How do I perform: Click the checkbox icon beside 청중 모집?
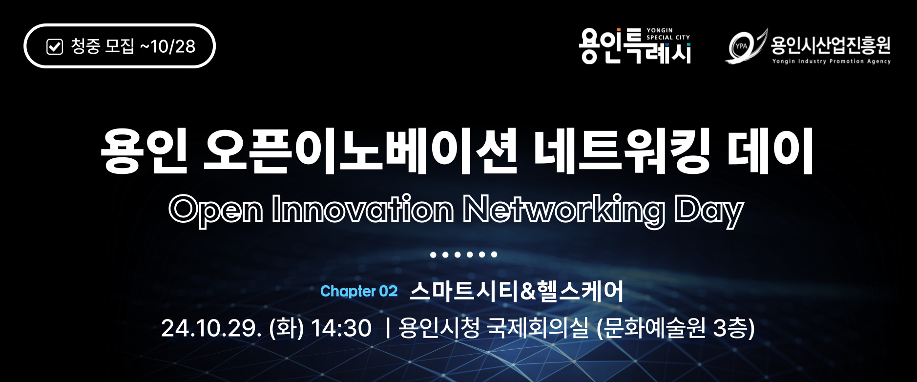pos(55,47)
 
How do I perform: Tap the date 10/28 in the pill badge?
pos(173,46)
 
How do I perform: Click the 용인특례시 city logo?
pos(635,46)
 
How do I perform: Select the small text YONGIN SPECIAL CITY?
pos(668,34)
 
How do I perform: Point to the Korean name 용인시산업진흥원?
pos(831,45)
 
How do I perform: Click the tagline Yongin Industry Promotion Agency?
pos(831,62)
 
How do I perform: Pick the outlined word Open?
pos(216,211)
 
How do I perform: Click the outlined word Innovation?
pos(363,209)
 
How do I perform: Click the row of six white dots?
pos(463,255)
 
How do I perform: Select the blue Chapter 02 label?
pos(359,291)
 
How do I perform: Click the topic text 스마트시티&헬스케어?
pos(517,291)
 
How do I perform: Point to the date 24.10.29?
pos(211,328)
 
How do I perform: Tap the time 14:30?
pos(341,328)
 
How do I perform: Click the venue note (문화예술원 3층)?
pos(676,328)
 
